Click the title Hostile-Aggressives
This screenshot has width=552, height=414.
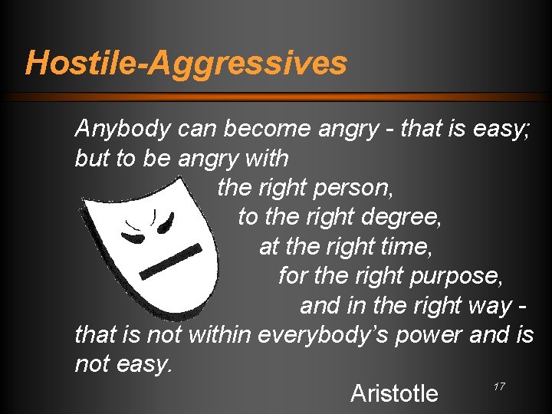pyautogui.click(x=186, y=62)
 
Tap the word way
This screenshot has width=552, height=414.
pyautogui.click(x=488, y=306)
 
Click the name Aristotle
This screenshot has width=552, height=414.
pyautogui.click(x=394, y=393)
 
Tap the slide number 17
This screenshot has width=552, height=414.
pyautogui.click(x=499, y=386)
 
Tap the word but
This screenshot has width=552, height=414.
pyautogui.click(x=92, y=159)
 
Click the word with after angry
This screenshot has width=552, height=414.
pyautogui.click(x=263, y=159)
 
